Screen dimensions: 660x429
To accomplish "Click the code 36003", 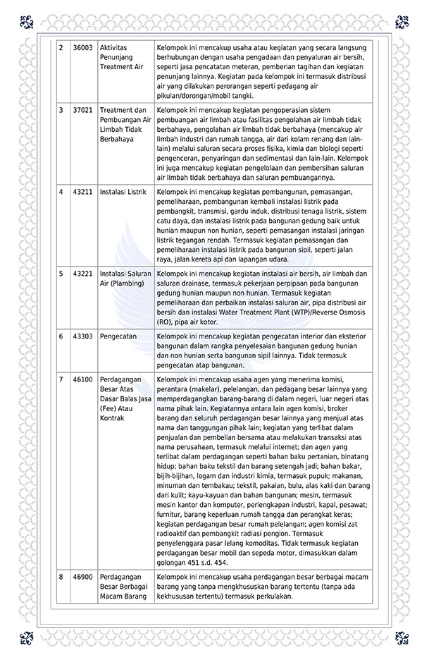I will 83,47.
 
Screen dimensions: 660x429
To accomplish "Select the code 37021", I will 83,111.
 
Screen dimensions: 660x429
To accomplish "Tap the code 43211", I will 83,191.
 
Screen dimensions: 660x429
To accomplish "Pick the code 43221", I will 83,274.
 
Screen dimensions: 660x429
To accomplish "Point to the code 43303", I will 83,336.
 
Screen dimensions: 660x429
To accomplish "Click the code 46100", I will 83,379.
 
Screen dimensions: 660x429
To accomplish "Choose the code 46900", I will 83,577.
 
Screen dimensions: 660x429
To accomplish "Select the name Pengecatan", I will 118,336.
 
